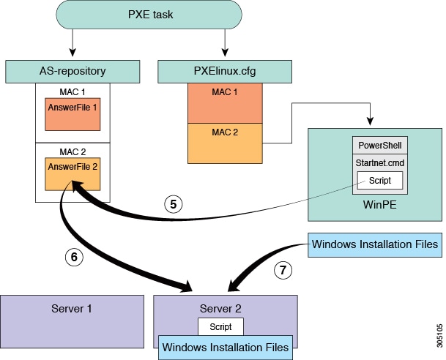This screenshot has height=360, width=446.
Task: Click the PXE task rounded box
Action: [148, 15]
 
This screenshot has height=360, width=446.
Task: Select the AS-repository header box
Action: [72, 72]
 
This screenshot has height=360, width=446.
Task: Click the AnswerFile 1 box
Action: [73, 113]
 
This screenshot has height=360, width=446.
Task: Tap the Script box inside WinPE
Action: [380, 180]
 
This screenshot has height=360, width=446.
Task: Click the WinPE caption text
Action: [379, 205]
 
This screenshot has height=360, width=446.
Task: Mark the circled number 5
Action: [172, 205]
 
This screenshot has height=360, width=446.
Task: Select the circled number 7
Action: [284, 269]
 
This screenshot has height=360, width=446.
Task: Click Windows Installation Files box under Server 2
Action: [225, 346]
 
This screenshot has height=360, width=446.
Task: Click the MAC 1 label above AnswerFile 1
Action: [72, 92]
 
